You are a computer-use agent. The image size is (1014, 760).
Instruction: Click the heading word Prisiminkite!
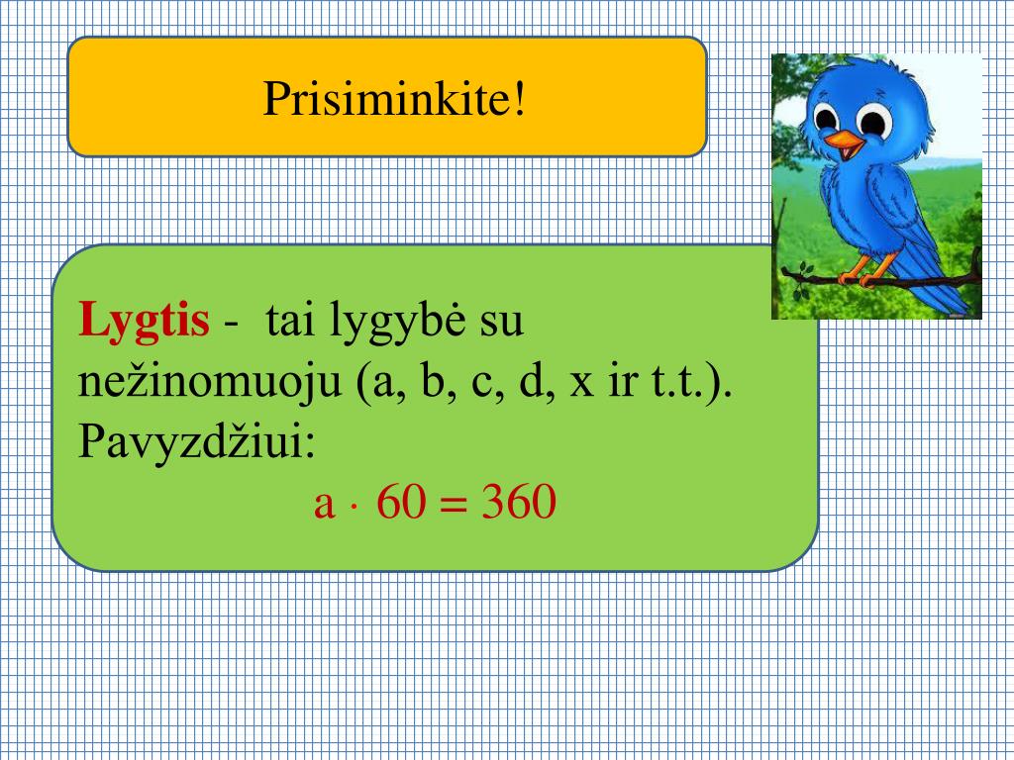coord(393,97)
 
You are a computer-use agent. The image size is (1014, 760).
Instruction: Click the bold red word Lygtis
coord(144,322)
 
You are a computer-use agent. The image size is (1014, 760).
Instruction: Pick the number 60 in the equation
coord(400,505)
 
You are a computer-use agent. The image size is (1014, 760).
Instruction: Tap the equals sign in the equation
coord(453,507)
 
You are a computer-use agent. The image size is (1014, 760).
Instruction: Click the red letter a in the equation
coord(323,507)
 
